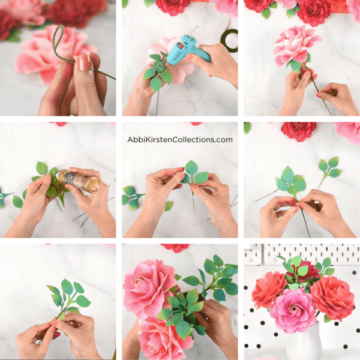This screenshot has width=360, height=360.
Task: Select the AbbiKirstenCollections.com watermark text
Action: (180, 139)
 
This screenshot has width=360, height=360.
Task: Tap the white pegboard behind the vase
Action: (336, 255)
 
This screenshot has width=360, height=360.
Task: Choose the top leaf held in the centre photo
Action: (191, 167)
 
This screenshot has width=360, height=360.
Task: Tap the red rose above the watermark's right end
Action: (298, 131)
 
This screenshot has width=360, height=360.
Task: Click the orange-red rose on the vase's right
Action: (332, 298)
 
